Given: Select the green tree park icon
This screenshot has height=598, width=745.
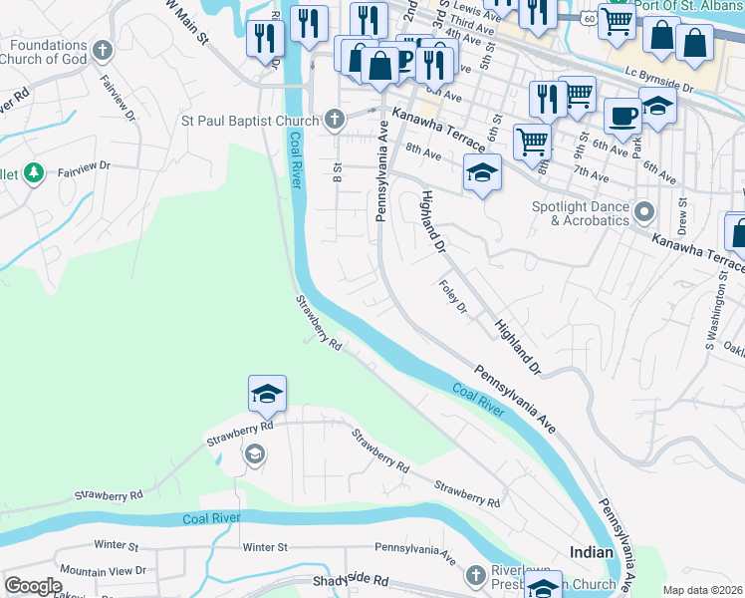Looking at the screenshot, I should pyautogui.click(x=34, y=173).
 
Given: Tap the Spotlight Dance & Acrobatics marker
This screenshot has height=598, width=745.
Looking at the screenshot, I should pyautogui.click(x=643, y=211).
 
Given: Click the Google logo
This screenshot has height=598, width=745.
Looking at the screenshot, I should pyautogui.click(x=33, y=586).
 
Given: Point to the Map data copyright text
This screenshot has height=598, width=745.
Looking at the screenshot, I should pyautogui.click(x=702, y=590).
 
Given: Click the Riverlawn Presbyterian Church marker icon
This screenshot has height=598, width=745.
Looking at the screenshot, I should pyautogui.click(x=474, y=575).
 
